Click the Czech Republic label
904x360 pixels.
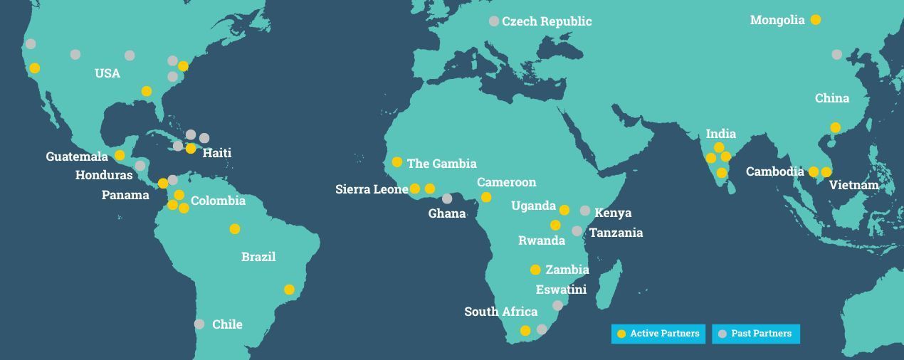point(547,21)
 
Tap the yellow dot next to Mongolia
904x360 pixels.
point(816,20)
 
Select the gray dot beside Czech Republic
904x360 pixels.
point(494,21)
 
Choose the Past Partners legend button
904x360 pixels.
point(756,334)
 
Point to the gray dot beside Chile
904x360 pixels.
point(199,324)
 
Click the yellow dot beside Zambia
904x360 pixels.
point(535,270)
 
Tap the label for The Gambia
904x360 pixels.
point(441,164)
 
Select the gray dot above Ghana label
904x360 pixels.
point(447,198)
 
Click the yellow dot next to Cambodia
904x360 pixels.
point(814,171)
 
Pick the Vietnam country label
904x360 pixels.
point(853,185)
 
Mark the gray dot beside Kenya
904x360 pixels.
point(585,211)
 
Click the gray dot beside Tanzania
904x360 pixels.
point(577,231)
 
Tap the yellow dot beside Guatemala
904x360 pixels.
point(120,155)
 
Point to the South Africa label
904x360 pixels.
point(500,312)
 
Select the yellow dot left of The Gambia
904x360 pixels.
point(397,162)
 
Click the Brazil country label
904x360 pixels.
point(258,257)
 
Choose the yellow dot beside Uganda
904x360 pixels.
point(564,210)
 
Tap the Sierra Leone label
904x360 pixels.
point(371,189)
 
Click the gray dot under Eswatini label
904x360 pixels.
point(558,305)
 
